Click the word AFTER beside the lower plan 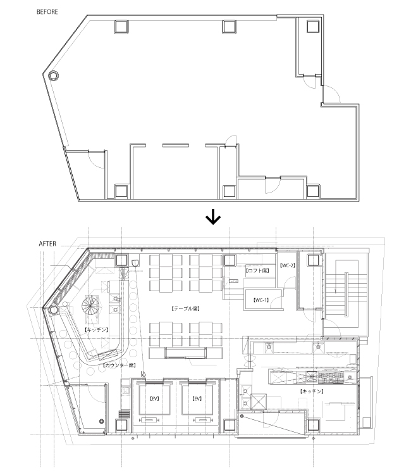tap(48, 243)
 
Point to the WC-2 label tap(288, 266)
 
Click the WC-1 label tap(261, 300)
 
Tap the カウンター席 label tap(119, 365)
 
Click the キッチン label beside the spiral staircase tap(95, 330)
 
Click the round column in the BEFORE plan tap(54, 75)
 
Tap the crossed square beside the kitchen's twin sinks tap(258, 401)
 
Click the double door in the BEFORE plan tap(271, 185)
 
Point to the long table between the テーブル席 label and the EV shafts tap(186, 353)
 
